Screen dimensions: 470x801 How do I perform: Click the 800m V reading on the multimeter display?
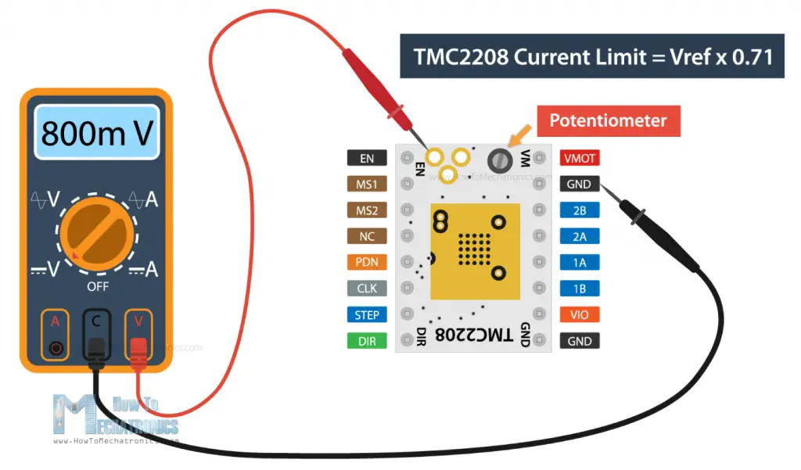[95, 134]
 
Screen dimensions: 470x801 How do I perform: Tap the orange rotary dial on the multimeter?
[95, 232]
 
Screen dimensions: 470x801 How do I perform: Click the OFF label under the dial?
[96, 286]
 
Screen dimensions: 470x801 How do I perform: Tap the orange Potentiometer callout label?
[607, 121]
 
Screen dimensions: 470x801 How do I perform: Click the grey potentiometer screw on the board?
[500, 160]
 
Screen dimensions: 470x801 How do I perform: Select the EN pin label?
[367, 159]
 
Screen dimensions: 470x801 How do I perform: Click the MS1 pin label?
[367, 185]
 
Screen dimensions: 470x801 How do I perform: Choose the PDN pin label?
[367, 263]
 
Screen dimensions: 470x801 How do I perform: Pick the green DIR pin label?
[367, 341]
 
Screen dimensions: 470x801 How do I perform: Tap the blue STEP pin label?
[367, 315]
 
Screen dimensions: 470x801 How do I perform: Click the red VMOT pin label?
[580, 159]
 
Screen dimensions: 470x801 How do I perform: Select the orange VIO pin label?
[580, 315]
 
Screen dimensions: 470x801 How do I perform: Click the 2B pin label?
[580, 210]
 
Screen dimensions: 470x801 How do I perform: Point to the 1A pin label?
[580, 263]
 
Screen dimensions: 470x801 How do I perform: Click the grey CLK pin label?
[367, 289]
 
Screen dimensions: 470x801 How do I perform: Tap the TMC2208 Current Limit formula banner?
[591, 56]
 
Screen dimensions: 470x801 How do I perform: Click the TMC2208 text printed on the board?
[473, 335]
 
